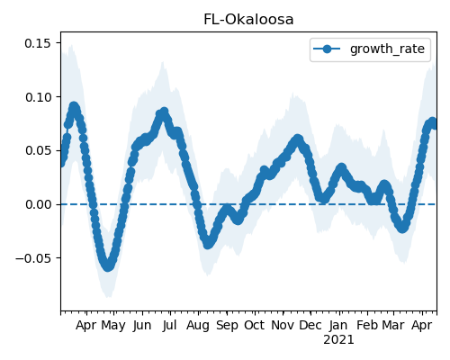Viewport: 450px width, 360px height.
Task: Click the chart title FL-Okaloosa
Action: point(248,20)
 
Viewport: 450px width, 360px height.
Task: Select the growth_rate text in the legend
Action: point(387,49)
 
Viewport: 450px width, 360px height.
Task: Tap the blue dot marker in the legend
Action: point(327,49)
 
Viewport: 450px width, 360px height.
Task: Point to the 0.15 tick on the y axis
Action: point(38,43)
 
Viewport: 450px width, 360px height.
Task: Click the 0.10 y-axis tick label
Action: point(38,97)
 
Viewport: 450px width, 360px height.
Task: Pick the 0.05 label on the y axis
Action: point(38,150)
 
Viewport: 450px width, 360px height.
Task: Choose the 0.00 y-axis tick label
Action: point(38,204)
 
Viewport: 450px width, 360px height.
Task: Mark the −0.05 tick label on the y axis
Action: point(33,258)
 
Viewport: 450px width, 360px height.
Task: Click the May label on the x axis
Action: point(113,326)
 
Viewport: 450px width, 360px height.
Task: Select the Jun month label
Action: point(142,325)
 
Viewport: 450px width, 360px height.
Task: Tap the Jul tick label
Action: point(169,325)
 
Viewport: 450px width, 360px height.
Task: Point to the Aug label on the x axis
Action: point(198,326)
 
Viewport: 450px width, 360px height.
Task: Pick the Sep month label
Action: point(227,326)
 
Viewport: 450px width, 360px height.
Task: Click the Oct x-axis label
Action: point(255,325)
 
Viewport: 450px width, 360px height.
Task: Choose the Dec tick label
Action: point(310,325)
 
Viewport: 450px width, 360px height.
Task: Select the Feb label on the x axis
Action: point(367,325)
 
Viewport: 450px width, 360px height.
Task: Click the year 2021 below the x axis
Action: point(338,340)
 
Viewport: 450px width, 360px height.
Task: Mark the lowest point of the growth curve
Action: point(108,266)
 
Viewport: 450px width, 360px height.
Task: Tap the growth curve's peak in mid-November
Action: point(297,139)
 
